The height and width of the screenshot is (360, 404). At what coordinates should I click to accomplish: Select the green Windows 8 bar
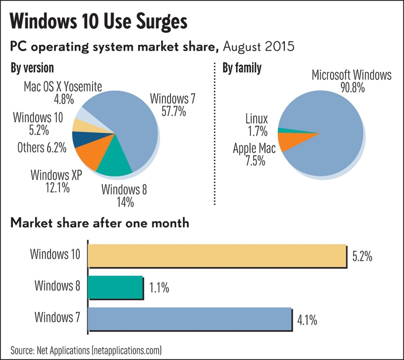coord(114,287)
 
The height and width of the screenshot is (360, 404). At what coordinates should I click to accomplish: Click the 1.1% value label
coord(159,288)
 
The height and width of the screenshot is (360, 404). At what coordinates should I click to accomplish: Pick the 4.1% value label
coord(307,320)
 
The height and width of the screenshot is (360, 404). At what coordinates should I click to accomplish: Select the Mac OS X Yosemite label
coord(63,92)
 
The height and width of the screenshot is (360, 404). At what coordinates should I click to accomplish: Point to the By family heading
coord(242,68)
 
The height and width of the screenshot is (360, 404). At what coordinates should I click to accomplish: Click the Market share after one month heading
coord(100,223)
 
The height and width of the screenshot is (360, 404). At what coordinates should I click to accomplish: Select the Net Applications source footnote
coord(86,350)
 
